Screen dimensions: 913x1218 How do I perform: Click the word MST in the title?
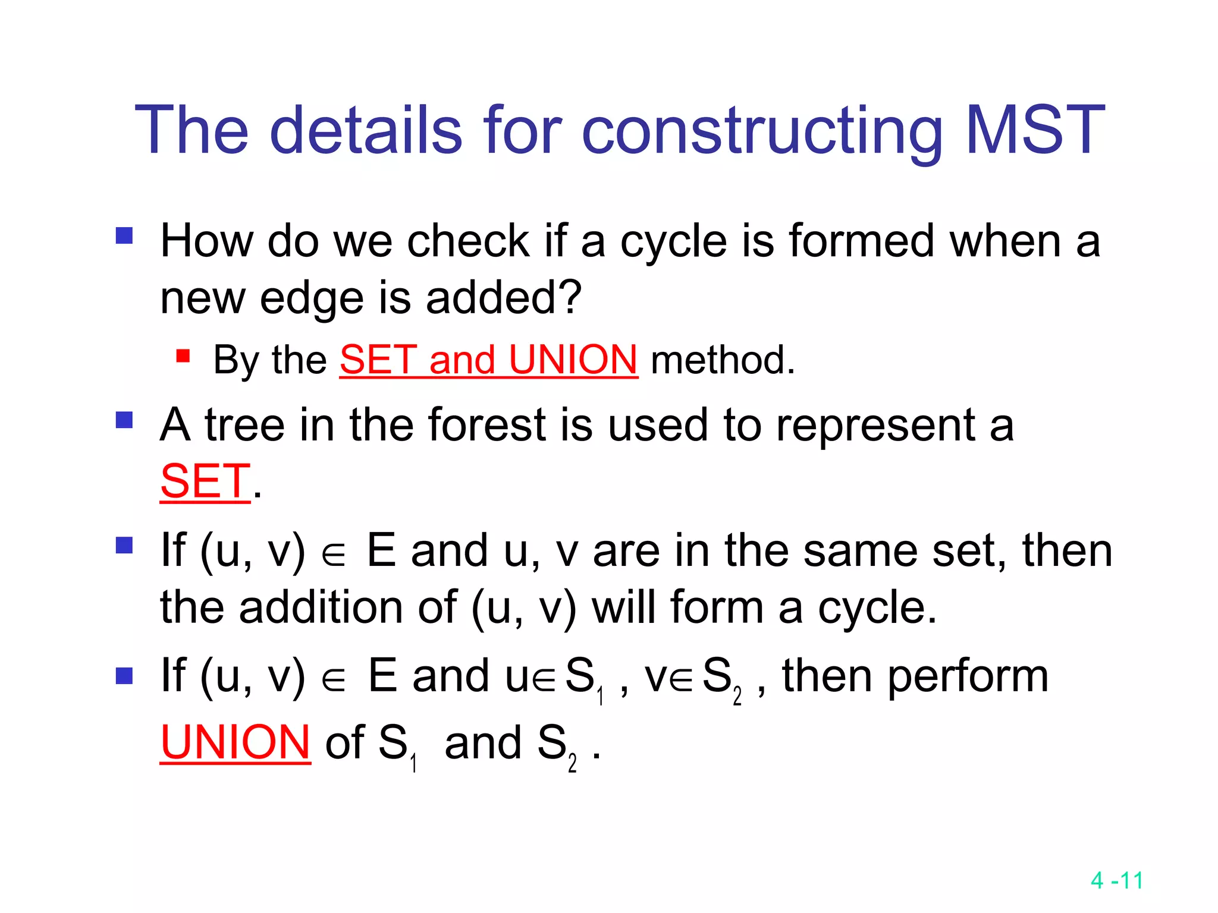pos(1034,130)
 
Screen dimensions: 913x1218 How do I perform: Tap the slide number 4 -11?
pos(1117,880)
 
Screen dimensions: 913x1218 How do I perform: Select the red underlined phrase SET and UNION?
pos(488,360)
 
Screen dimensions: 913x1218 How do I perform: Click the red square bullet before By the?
pos(183,356)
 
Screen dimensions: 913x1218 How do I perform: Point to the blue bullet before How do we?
pos(124,236)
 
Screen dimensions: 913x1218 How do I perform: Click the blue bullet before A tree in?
pos(124,420)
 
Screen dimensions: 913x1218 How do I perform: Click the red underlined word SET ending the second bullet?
pos(205,481)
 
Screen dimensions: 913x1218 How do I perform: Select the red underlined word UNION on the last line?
pos(236,742)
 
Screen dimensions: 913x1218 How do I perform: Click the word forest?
pos(486,425)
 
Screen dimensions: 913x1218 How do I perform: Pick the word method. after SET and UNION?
pos(723,360)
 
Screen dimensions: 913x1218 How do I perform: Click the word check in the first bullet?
pos(469,241)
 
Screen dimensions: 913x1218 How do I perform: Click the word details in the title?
pos(366,130)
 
